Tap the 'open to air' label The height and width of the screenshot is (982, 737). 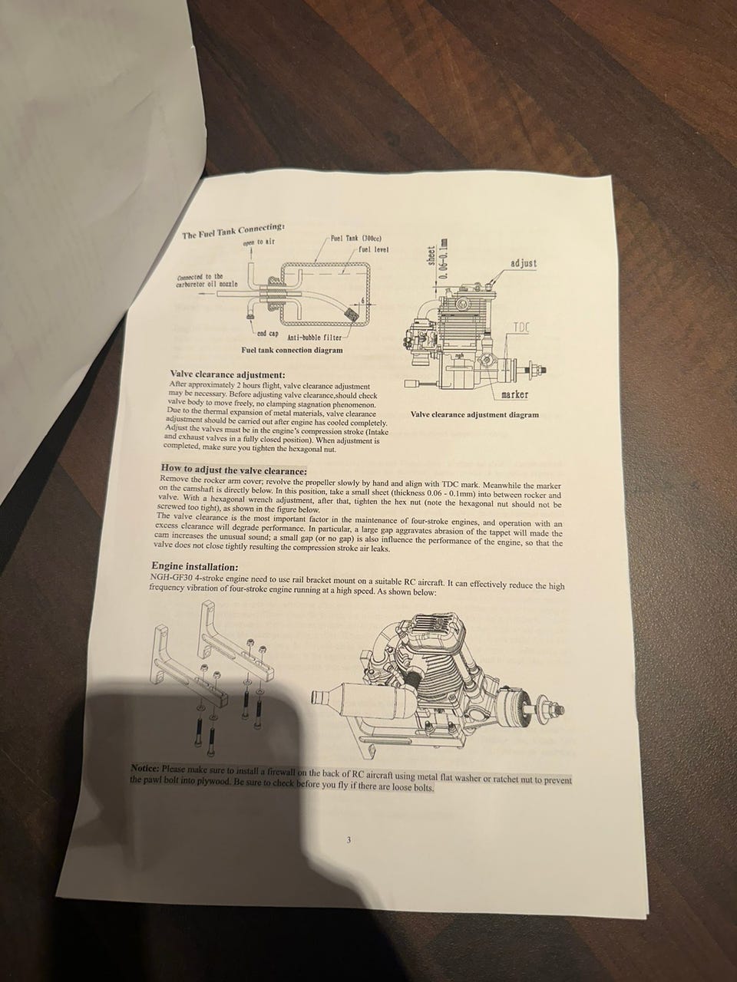coord(258,242)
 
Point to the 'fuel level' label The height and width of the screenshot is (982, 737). coord(374,249)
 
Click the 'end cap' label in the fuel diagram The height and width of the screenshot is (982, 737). coord(268,333)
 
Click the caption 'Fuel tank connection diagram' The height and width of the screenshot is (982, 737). coord(292,350)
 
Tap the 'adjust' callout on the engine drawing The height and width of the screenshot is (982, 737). coord(524,263)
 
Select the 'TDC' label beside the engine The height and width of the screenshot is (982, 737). coord(521,328)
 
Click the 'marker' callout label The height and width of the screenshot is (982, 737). coord(514,394)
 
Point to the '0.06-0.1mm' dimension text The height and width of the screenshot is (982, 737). coord(444,258)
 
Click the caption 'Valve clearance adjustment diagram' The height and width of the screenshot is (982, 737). coord(474,415)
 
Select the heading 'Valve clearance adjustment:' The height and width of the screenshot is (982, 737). coord(227,374)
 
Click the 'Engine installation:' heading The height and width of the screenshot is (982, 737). coord(195,567)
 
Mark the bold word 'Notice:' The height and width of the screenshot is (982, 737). coord(144,769)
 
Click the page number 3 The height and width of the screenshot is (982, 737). coord(349,840)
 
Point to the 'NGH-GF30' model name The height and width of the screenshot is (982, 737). coord(167,577)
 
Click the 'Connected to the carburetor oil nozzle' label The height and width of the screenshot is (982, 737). coord(207,281)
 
